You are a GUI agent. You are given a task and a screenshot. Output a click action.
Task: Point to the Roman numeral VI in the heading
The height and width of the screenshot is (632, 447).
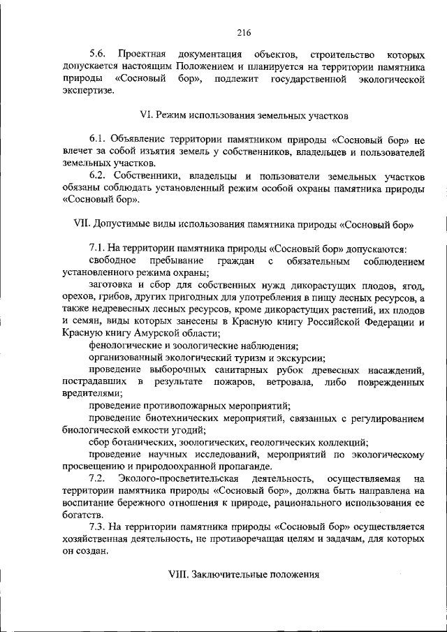pos(147,115)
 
